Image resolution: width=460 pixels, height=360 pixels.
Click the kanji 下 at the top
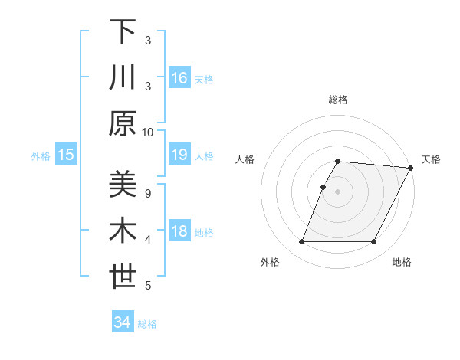click(123, 32)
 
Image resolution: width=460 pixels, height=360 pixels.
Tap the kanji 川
click(123, 78)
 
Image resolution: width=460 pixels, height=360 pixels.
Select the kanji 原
click(123, 123)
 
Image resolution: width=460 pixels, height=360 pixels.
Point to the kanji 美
click(123, 185)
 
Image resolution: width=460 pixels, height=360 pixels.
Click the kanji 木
click(123, 231)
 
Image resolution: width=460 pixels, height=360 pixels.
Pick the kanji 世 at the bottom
click(123, 277)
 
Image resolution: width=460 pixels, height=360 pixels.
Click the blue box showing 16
click(179, 78)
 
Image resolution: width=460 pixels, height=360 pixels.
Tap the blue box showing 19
click(179, 155)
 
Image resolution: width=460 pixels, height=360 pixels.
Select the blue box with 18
click(179, 232)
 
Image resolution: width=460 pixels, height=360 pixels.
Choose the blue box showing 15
click(66, 155)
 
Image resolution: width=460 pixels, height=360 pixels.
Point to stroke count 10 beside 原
click(148, 132)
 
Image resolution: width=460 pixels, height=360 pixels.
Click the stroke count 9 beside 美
click(148, 193)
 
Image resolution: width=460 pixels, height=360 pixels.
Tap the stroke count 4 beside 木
click(148, 240)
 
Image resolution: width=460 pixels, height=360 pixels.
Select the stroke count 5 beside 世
click(148, 286)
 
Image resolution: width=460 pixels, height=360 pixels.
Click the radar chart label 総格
click(338, 100)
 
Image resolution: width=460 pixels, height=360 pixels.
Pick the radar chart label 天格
click(431, 159)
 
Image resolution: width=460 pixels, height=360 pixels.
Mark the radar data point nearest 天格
click(411, 168)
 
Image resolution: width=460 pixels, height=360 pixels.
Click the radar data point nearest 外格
click(301, 242)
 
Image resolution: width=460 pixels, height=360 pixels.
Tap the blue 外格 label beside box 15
click(41, 156)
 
